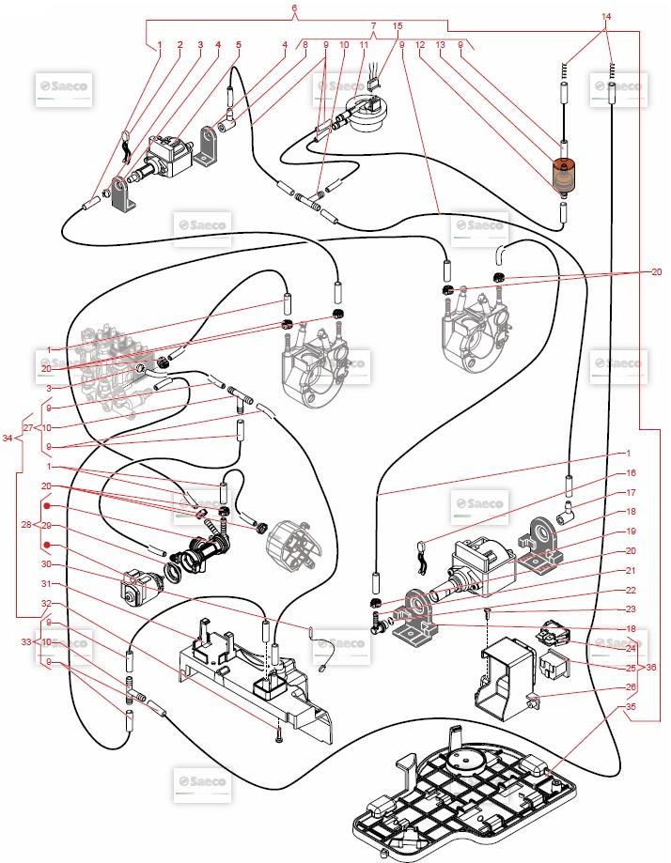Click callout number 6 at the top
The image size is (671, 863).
click(294, 8)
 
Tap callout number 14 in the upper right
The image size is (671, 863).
click(606, 17)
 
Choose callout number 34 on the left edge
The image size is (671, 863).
click(8, 438)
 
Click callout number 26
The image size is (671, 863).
click(632, 686)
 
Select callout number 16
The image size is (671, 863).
click(632, 473)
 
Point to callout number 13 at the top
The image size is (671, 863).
click(440, 44)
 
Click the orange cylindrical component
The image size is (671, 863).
click(564, 175)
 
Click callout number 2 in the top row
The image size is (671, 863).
click(180, 44)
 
